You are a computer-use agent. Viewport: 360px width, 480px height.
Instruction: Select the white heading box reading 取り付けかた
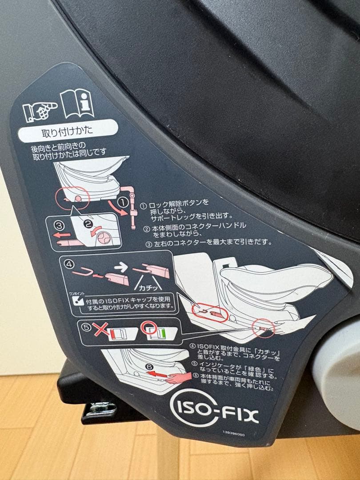tap(68, 132)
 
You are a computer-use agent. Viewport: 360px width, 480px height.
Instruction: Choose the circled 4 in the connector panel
tap(69, 264)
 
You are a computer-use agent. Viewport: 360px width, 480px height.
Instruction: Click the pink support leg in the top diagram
tap(132, 204)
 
